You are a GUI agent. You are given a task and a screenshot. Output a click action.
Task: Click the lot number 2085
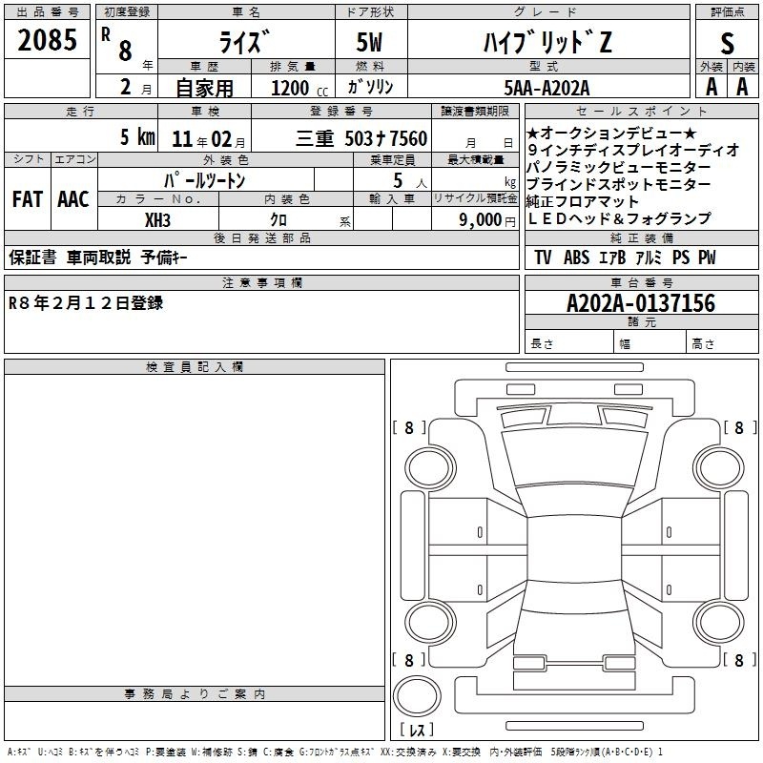pos(47,40)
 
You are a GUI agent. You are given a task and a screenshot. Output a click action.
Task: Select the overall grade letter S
pos(727,43)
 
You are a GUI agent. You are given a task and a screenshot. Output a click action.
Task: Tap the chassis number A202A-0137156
pos(641,303)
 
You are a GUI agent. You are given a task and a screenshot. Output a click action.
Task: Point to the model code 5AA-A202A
pos(546,88)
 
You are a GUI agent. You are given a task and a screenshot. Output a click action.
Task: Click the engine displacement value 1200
pos(290,88)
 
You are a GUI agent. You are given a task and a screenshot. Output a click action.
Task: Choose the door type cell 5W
pos(369,42)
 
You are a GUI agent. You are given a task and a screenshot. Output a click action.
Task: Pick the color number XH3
pos(157,220)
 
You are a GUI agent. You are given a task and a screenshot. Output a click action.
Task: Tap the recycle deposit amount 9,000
pos(481,220)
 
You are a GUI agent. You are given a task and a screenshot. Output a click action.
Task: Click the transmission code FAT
pos(28,199)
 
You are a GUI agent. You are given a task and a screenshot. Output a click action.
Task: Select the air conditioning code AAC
pos(73,199)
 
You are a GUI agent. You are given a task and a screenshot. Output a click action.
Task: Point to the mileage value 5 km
pos(137,136)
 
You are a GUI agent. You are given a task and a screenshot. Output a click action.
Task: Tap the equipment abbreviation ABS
pos(576,258)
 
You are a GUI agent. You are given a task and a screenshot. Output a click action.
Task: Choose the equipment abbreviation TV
pos(543,258)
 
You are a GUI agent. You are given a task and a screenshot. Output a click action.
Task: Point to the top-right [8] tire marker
pos(740,427)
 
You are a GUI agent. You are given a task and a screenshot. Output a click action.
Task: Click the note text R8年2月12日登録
pos(86,303)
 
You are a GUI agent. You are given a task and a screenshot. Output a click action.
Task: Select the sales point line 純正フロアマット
pos(582,201)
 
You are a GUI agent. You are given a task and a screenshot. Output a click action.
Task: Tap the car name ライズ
pos(243,42)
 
